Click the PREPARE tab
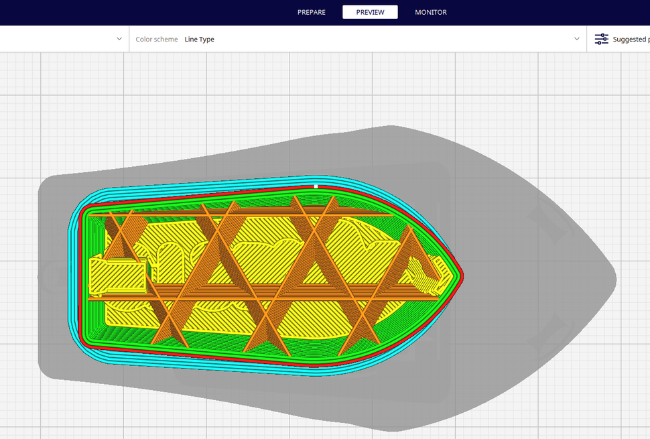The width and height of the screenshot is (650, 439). (x=311, y=12)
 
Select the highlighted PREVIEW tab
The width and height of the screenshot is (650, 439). (x=370, y=12)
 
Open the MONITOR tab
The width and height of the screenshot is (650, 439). (x=431, y=12)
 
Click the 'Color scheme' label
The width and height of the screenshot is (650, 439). (x=157, y=40)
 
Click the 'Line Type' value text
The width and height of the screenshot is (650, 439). (x=200, y=40)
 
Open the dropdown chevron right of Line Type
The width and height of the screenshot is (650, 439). (x=577, y=40)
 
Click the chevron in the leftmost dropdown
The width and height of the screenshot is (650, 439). (x=119, y=40)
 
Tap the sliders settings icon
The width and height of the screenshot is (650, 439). (x=602, y=40)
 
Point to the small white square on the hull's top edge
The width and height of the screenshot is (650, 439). (x=316, y=186)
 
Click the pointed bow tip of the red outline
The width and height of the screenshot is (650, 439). (x=462, y=275)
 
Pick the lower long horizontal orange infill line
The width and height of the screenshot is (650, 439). (x=268, y=298)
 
